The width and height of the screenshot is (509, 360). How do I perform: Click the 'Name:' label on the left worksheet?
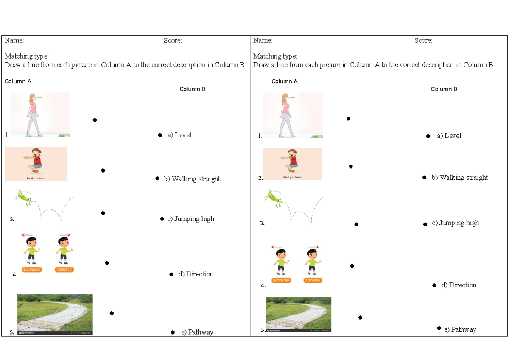[x=14, y=41]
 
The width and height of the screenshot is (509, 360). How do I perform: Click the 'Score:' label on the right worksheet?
[x=423, y=41]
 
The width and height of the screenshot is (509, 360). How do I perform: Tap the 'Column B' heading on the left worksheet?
[x=193, y=89]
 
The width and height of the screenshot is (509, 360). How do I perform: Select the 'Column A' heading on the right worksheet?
[x=285, y=81]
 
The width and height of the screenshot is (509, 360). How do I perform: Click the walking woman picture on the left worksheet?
[x=39, y=114]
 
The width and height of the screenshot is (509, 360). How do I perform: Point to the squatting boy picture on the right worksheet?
[x=292, y=164]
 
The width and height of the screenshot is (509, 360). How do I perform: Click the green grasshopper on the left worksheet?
[x=24, y=198]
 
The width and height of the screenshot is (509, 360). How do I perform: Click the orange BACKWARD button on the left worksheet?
[x=32, y=270]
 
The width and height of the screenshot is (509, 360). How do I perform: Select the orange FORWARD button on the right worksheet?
[x=313, y=280]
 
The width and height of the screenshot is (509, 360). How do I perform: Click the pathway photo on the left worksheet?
[x=55, y=314]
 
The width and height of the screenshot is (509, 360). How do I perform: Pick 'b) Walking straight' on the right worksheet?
[x=460, y=178]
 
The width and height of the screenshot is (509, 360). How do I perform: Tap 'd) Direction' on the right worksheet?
[x=459, y=285]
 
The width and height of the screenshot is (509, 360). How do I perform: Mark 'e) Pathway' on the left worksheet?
[x=197, y=332]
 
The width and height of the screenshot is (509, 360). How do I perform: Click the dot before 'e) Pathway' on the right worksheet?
[x=439, y=328]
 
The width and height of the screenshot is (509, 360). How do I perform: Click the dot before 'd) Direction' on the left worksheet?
[x=171, y=275]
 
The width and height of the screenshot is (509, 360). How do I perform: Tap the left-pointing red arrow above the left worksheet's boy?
[x=28, y=235]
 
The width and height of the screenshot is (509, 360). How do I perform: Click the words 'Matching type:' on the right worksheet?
[x=275, y=56]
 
